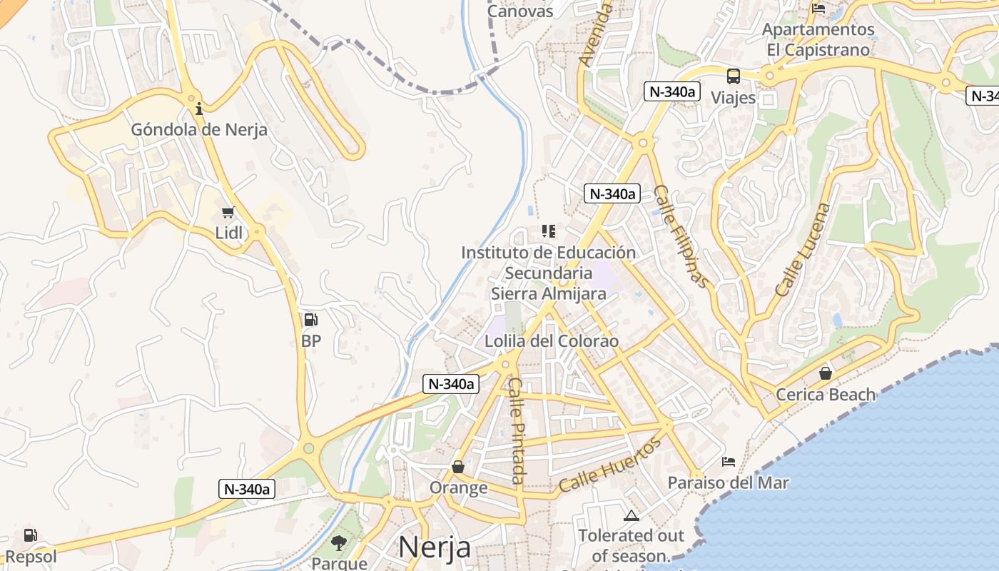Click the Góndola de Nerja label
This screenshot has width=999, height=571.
pos(199,130)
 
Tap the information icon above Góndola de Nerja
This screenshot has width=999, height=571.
pos(199,108)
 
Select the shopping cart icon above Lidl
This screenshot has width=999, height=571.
pos(228,212)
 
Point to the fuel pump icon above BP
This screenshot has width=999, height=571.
pos(310,320)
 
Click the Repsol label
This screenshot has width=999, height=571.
pos(31,557)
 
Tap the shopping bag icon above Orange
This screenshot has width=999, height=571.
pos(458,467)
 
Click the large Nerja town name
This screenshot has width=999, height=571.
pos(435,547)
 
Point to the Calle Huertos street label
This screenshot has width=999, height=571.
pos(610,465)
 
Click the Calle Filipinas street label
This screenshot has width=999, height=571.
pos(683,236)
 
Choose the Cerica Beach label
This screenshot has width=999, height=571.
pos(826,395)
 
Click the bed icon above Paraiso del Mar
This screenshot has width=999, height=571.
pos(729,462)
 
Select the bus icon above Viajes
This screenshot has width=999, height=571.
pos(734,76)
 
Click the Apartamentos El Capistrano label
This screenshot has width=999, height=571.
pos(818,40)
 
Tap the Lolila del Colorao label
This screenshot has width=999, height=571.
pos(552,341)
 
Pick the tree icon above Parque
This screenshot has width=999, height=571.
pos(339,544)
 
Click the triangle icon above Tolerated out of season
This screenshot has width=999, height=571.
pos(631,516)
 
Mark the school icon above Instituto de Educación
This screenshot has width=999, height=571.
pos(548,231)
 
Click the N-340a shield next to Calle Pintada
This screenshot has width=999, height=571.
pos(450,384)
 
